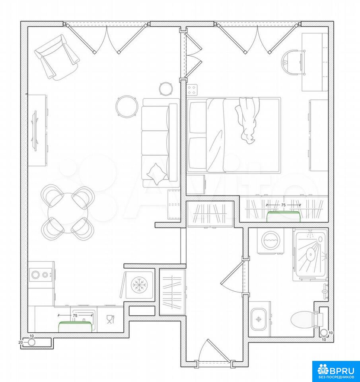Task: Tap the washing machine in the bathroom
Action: (x=270, y=241)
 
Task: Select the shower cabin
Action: (x=310, y=255)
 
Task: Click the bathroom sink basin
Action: (x=259, y=319)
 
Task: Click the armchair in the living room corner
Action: (x=57, y=57)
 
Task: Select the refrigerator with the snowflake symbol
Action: (x=138, y=285)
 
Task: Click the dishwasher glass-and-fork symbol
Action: (x=110, y=319)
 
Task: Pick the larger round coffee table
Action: (x=126, y=107)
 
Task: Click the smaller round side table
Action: (x=166, y=88)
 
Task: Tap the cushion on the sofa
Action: (x=156, y=173)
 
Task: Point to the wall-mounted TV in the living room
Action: (x=35, y=130)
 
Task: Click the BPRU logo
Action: (x=336, y=371)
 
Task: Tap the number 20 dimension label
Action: (x=20, y=342)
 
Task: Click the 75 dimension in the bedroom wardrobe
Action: (x=283, y=205)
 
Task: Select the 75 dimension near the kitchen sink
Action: (x=75, y=315)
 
